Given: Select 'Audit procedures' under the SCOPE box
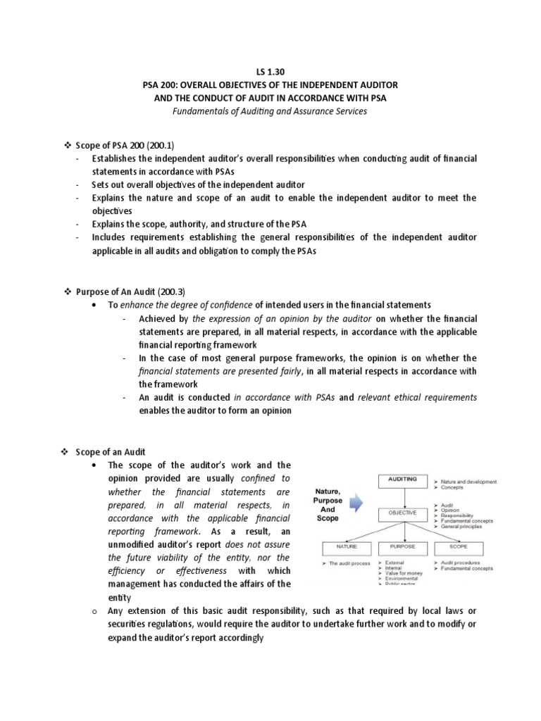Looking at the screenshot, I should pos(466,563).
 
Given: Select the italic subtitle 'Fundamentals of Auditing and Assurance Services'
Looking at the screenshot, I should pos(270,111).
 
